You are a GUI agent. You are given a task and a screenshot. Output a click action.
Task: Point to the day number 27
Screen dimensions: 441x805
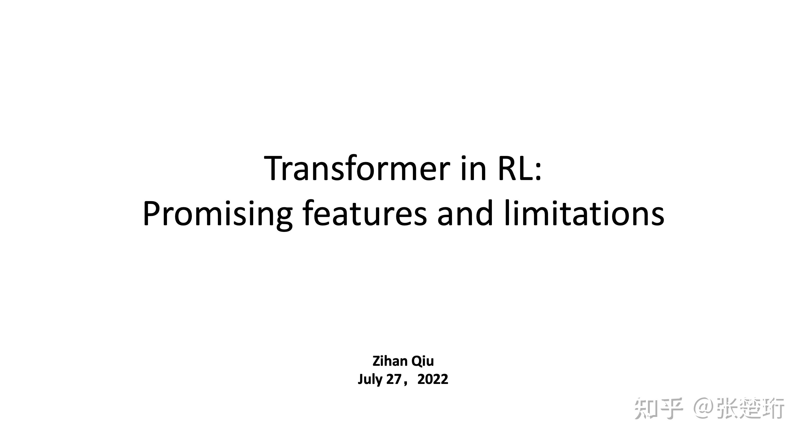[x=393, y=379]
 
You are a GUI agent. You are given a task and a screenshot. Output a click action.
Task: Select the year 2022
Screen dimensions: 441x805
[x=433, y=379]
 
